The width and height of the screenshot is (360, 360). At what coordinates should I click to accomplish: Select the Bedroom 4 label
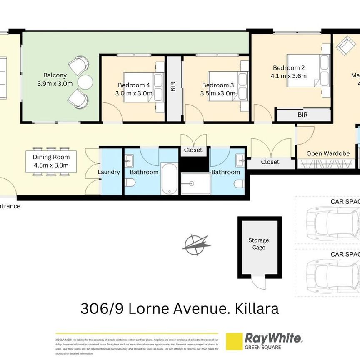click(x=133, y=85)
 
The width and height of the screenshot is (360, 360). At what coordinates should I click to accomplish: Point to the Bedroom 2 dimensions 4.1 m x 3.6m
click(x=289, y=76)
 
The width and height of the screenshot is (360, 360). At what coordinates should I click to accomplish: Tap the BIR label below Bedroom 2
click(x=302, y=115)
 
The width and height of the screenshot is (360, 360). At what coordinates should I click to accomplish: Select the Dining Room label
click(x=51, y=157)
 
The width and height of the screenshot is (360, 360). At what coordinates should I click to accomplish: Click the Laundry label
click(x=108, y=172)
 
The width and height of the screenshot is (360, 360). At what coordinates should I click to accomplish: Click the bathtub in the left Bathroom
click(x=170, y=178)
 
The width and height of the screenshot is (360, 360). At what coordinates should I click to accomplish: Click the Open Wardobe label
click(x=328, y=153)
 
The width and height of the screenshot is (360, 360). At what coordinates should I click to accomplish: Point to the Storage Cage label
click(x=259, y=244)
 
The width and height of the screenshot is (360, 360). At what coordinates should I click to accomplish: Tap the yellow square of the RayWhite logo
click(x=234, y=341)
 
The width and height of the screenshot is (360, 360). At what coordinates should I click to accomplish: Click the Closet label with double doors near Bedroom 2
click(x=270, y=162)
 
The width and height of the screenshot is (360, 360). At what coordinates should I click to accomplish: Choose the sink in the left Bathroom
click(x=128, y=159)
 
